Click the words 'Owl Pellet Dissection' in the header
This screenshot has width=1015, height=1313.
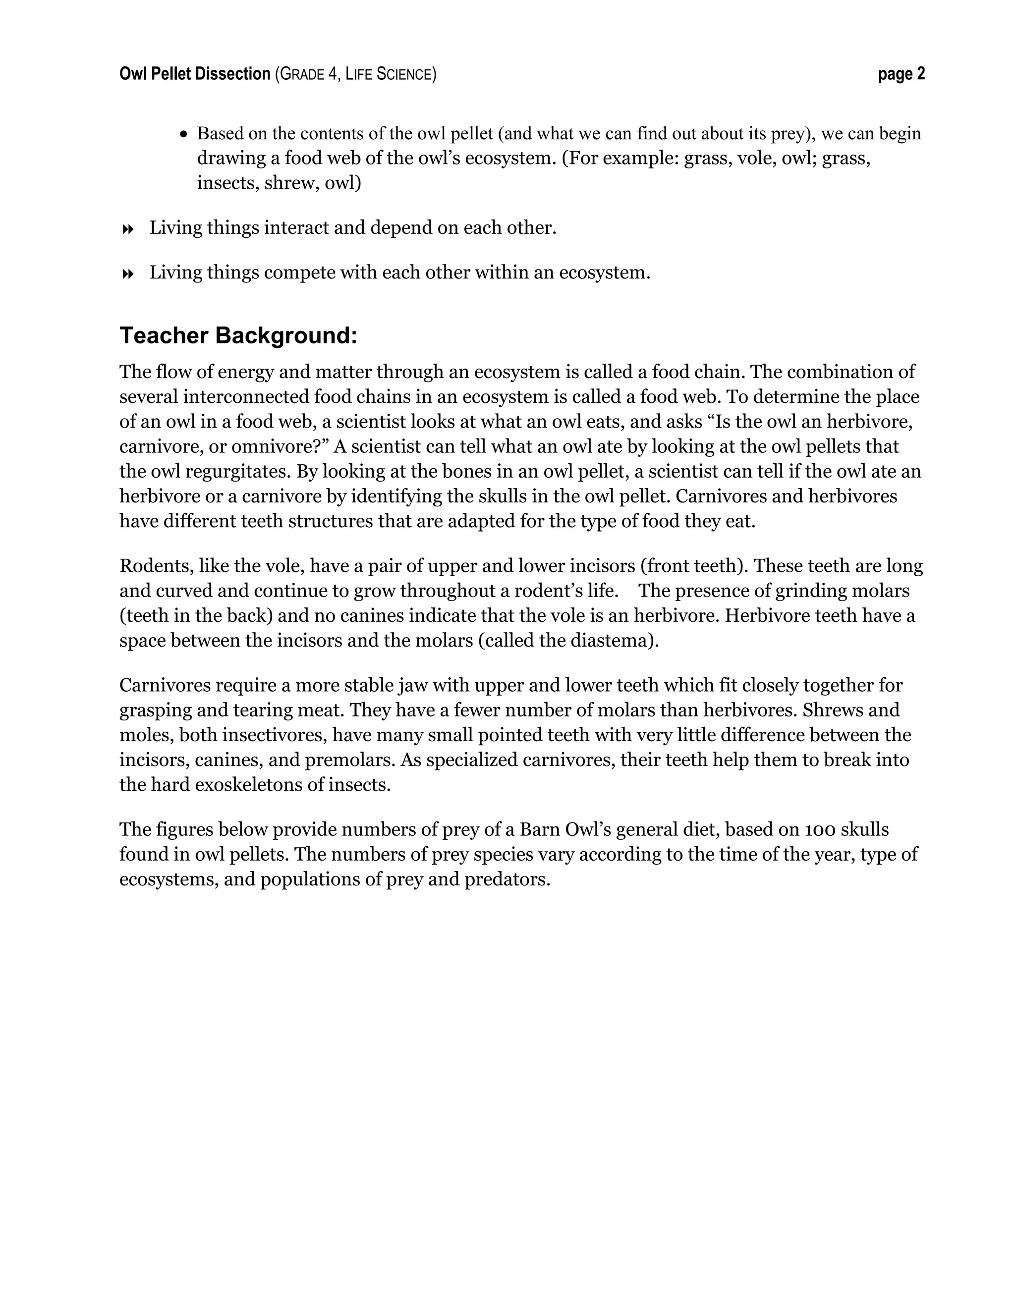195,74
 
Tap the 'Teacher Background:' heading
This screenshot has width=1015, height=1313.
238,335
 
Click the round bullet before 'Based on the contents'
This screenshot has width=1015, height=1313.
184,134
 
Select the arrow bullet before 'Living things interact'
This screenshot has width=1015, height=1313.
127,229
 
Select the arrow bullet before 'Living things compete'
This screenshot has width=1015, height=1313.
127,274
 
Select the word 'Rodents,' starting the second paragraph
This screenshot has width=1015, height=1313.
156,566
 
